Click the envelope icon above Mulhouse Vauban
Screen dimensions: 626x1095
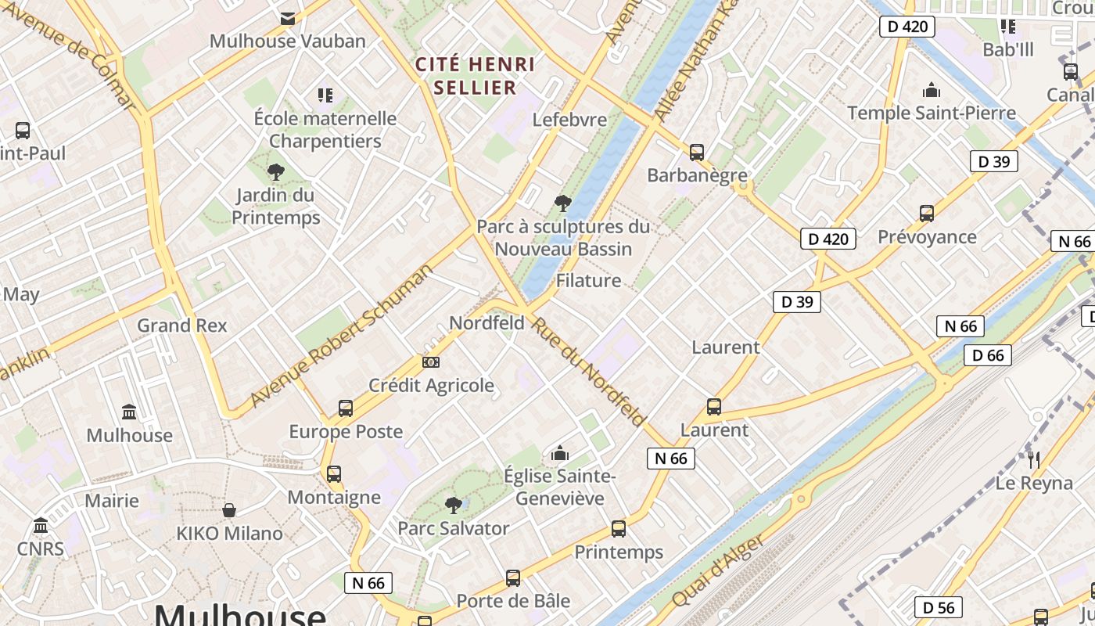[288, 18]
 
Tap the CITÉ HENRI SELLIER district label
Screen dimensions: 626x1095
[476, 75]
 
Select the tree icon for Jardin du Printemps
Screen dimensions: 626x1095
[275, 171]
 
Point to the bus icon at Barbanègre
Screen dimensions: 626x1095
[697, 153]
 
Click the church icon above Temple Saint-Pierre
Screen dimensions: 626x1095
[932, 90]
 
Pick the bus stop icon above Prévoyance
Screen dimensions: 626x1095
[927, 214]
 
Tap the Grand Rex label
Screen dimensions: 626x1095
[182, 326]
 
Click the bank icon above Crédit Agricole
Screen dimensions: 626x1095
[431, 362]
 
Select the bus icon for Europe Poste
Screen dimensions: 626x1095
[346, 408]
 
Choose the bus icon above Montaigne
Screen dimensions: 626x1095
[334, 474]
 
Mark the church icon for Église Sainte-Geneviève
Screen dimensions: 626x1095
[560, 453]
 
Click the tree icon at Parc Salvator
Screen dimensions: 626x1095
[453, 505]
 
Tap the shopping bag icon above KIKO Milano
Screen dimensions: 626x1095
[229, 510]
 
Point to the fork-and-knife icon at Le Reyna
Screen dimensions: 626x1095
[1034, 459]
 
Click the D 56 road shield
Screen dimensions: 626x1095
[938, 607]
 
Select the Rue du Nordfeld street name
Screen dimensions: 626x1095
[588, 372]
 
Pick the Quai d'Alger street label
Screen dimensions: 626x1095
[717, 570]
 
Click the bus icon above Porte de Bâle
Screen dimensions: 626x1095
[513, 578]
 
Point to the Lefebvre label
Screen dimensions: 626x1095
[569, 120]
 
